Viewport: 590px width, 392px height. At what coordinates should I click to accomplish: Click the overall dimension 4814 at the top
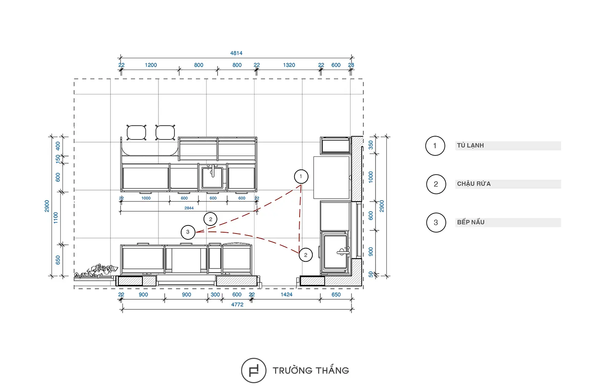(x=236, y=53)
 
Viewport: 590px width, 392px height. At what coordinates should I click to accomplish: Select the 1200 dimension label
(x=151, y=65)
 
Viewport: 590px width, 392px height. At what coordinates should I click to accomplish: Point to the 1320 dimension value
(x=289, y=65)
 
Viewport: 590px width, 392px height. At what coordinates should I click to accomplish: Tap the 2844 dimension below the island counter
(x=189, y=208)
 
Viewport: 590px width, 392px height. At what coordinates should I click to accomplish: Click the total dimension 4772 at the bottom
(x=237, y=304)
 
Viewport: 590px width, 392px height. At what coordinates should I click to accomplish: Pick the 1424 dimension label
(x=287, y=295)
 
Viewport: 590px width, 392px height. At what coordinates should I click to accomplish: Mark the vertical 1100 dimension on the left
(x=56, y=218)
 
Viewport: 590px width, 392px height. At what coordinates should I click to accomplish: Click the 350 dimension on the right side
(x=371, y=145)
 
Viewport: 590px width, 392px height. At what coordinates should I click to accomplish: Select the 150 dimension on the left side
(x=58, y=159)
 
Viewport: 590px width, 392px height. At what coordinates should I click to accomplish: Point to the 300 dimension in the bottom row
(x=215, y=295)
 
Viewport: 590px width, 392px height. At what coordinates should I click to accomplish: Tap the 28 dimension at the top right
(x=351, y=65)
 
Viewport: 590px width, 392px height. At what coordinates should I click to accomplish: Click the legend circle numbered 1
(x=435, y=146)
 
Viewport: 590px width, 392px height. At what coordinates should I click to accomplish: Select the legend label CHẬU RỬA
(x=474, y=184)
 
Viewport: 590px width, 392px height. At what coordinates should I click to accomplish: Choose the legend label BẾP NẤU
(x=471, y=222)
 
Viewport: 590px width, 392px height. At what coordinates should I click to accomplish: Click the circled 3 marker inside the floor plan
(x=188, y=232)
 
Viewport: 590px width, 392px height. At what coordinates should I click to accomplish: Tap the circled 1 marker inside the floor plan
(x=301, y=177)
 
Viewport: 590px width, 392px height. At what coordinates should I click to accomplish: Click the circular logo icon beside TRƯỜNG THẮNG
(x=254, y=371)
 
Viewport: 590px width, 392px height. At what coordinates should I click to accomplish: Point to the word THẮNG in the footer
(x=333, y=370)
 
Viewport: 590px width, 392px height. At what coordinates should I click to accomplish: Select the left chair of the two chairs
(x=137, y=132)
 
